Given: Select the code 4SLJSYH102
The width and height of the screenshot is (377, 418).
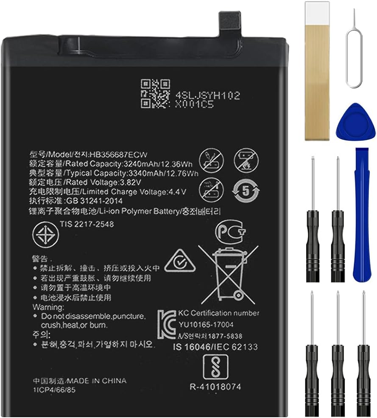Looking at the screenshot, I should click(207, 96).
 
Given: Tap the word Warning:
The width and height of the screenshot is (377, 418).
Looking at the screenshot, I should click(48, 307).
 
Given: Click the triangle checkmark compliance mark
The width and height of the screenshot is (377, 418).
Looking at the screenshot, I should click(179, 263).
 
